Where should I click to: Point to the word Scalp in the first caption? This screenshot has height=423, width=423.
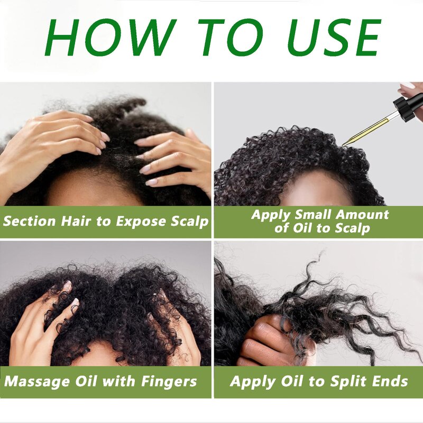[188, 221]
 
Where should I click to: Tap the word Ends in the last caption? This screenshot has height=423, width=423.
[388, 381]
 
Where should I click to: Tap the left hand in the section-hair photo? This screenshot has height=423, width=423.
[48, 143]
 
